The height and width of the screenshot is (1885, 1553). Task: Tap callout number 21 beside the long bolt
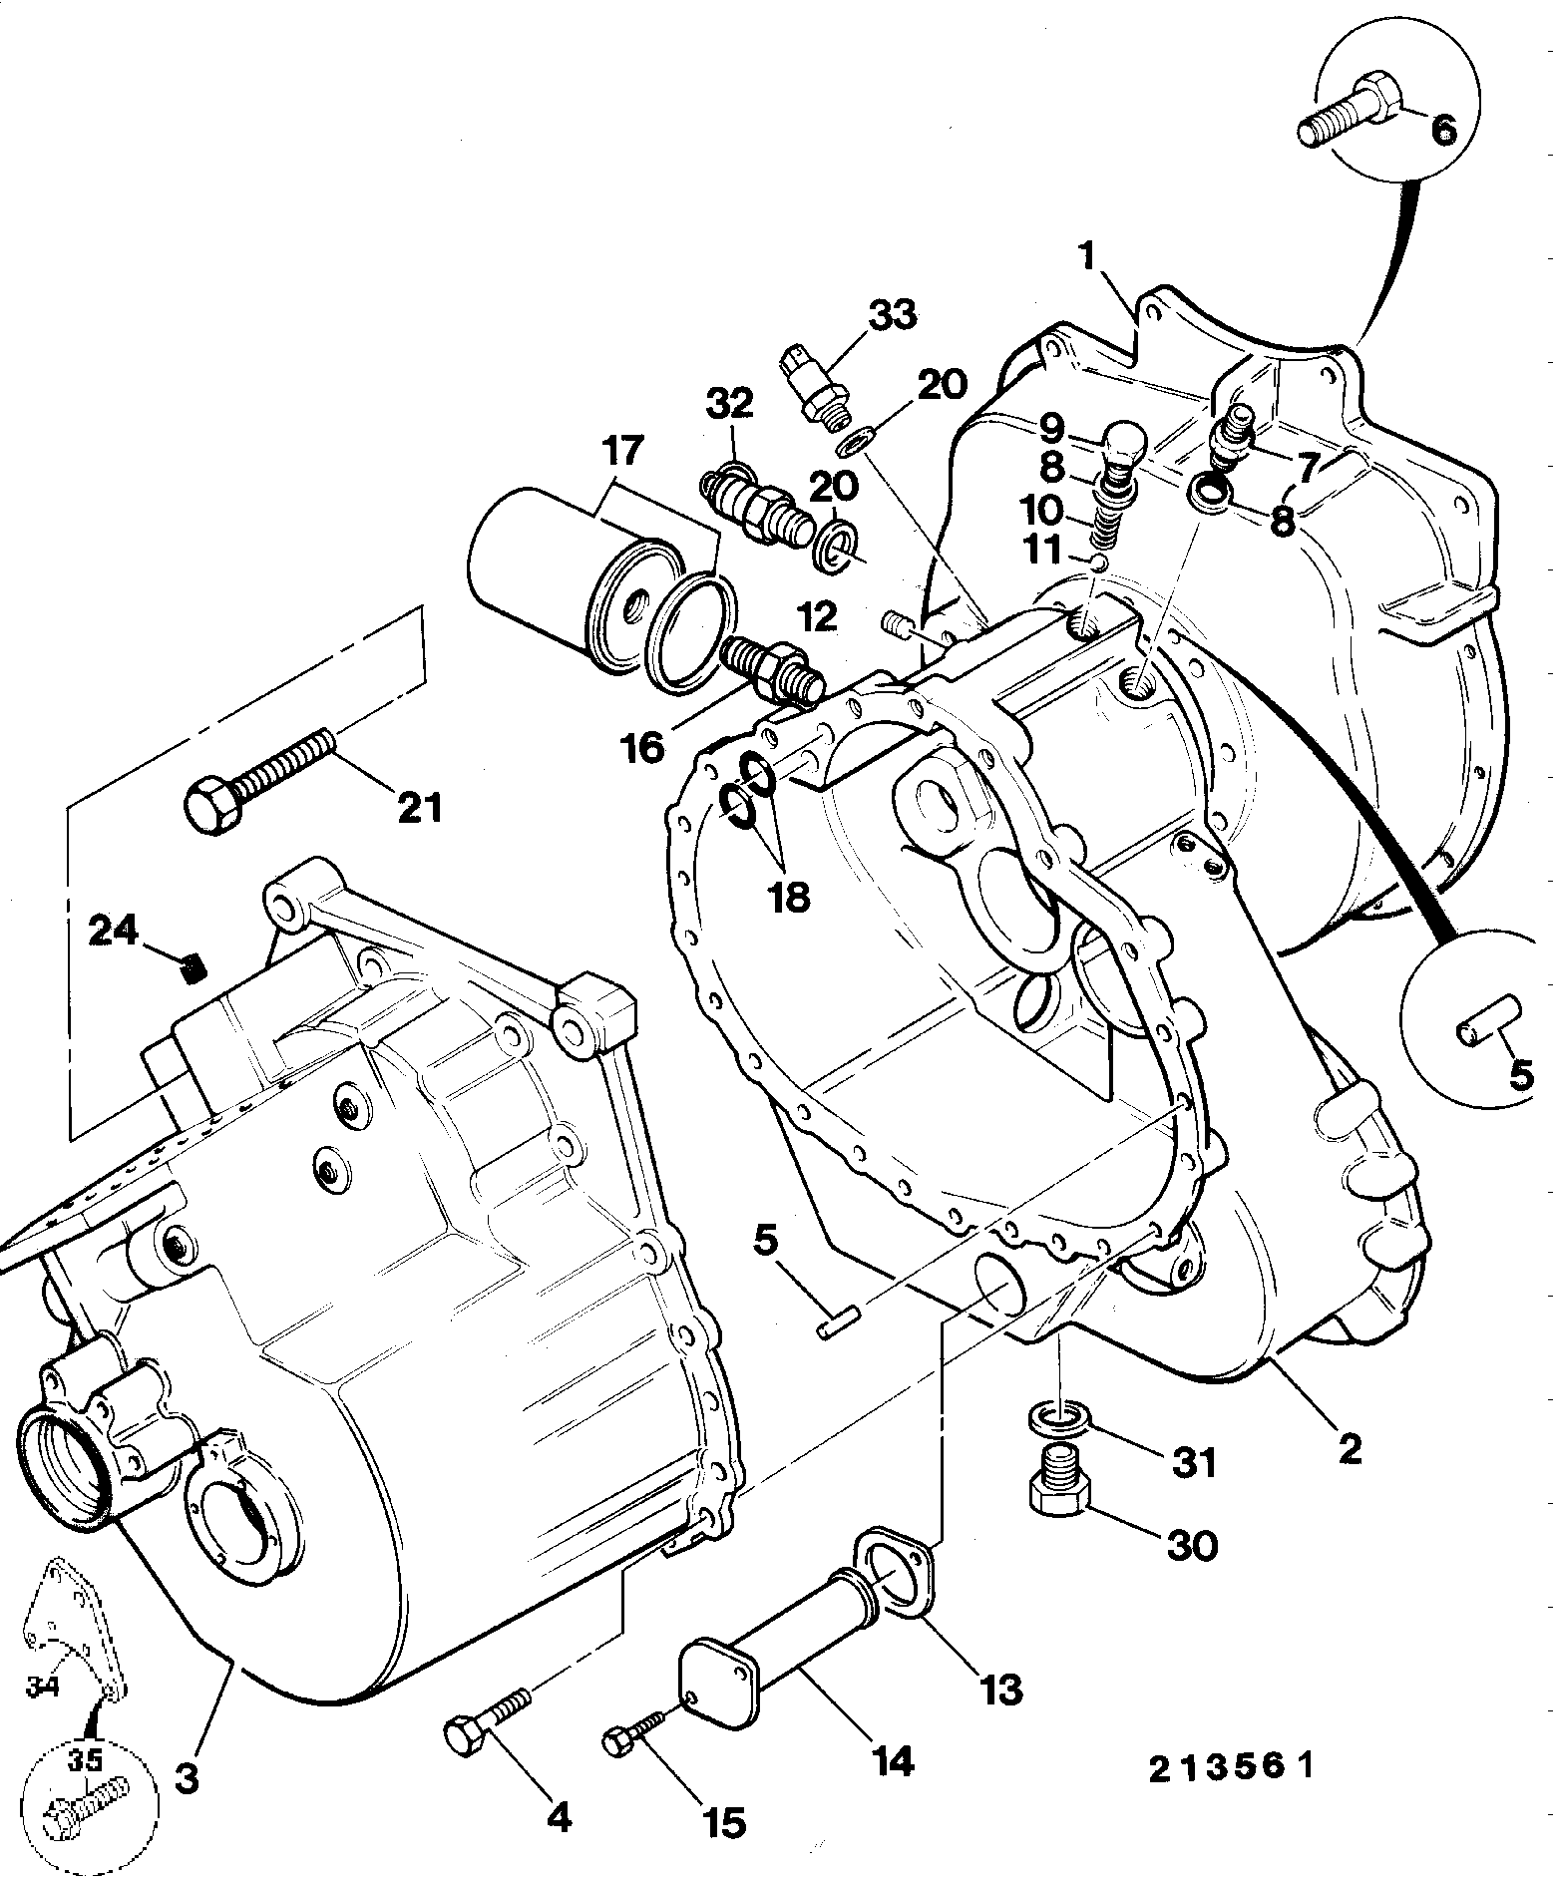click(x=418, y=807)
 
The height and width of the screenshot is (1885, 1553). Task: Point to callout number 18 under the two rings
click(x=789, y=897)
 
